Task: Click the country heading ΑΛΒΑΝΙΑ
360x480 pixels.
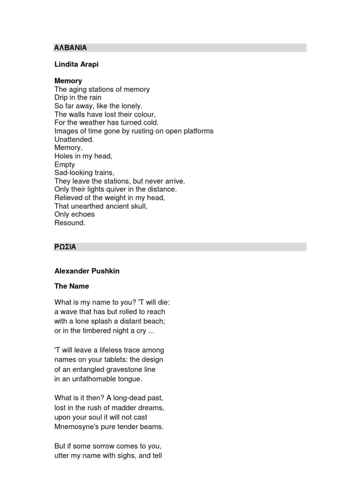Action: click(71, 48)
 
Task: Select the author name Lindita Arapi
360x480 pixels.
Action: click(76, 65)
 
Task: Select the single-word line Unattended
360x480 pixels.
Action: click(74, 140)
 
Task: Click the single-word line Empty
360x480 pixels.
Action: click(65, 165)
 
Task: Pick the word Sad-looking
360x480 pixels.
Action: click(73, 173)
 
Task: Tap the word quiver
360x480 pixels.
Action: click(121, 189)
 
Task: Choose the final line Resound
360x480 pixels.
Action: click(70, 223)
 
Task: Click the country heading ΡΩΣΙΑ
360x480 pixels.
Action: click(65, 247)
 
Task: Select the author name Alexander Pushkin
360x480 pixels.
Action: click(87, 271)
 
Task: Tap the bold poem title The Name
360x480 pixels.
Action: click(72, 286)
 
